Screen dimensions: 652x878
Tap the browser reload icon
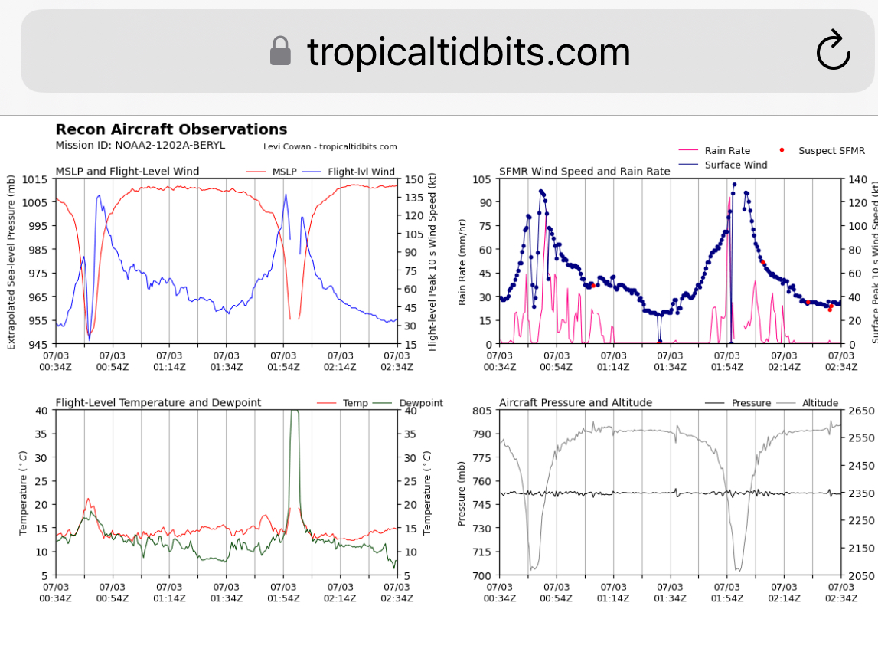tap(833, 51)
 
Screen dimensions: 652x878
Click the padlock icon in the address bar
tap(281, 51)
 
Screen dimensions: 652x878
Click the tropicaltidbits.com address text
tap(468, 51)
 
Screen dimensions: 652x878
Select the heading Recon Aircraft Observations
tap(171, 129)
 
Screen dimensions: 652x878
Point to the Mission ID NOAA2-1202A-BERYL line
tap(140, 145)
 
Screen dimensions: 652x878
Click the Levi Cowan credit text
tap(330, 147)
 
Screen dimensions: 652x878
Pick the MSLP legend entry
tap(279, 172)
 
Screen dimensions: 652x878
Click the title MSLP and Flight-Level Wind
tap(127, 172)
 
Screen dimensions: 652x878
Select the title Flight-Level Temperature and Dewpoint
tap(158, 403)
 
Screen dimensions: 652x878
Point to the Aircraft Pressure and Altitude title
tap(575, 403)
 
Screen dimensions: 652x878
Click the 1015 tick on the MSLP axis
tap(40, 179)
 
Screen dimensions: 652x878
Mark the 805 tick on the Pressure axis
tap(482, 411)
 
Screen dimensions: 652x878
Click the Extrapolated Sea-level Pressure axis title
tap(11, 260)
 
